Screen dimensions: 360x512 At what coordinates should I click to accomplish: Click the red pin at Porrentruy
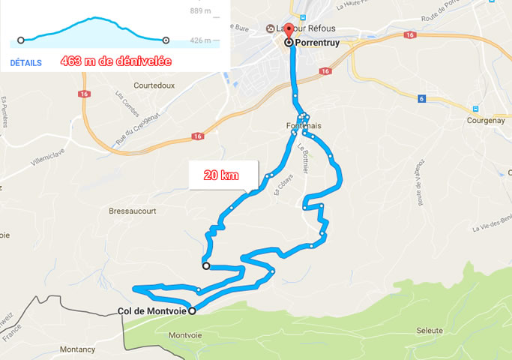point(289,31)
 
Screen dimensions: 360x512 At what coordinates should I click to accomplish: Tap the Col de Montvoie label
point(152,311)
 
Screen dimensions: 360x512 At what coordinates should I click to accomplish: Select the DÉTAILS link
point(26,63)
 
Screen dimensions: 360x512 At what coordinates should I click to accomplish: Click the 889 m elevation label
point(201,10)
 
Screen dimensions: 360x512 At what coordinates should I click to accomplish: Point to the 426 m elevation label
point(201,40)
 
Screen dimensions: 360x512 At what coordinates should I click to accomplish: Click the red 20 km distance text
point(221,175)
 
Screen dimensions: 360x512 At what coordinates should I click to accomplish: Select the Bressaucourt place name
point(133,211)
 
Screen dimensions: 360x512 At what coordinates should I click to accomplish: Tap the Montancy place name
point(77,349)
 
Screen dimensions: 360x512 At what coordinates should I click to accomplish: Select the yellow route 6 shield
point(423,98)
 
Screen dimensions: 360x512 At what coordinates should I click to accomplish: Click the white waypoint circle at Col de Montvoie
point(192,311)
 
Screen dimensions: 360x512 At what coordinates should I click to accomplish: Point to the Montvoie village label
point(185,334)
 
